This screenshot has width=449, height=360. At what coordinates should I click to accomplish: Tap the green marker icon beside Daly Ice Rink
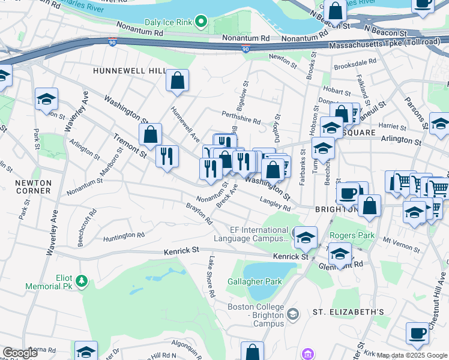tap(201, 23)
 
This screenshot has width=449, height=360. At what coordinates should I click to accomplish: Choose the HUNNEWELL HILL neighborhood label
tap(129, 71)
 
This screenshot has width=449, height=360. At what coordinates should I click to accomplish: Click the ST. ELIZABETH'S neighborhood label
tap(348, 313)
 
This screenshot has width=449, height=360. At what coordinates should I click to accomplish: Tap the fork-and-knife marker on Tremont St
tap(167, 156)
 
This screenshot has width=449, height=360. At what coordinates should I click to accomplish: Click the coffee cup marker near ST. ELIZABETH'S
tap(417, 332)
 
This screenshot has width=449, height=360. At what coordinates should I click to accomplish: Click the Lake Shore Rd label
tap(211, 277)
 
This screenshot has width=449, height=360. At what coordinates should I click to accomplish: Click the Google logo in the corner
tap(20, 353)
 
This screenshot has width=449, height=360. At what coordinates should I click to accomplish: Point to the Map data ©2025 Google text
tap(412, 355)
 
